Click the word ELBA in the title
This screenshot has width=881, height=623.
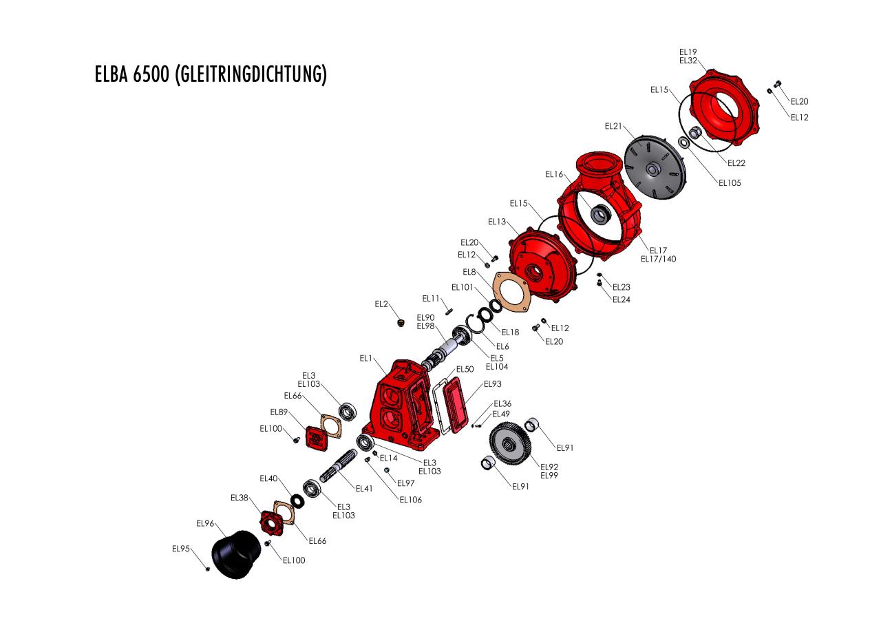tap(112, 74)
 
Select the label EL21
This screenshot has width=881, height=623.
tap(613, 126)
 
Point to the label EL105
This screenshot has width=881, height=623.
tap(730, 183)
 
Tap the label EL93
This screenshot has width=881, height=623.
tap(492, 384)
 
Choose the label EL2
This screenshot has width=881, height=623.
tap(382, 304)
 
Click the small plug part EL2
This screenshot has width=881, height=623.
tap(401, 323)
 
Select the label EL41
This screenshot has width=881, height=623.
tap(364, 488)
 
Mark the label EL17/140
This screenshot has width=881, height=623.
tap(659, 259)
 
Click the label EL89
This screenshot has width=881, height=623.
tap(279, 412)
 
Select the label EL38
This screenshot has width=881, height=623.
tap(239, 497)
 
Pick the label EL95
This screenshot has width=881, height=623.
tap(181, 549)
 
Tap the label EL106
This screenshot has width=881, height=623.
tap(411, 500)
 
